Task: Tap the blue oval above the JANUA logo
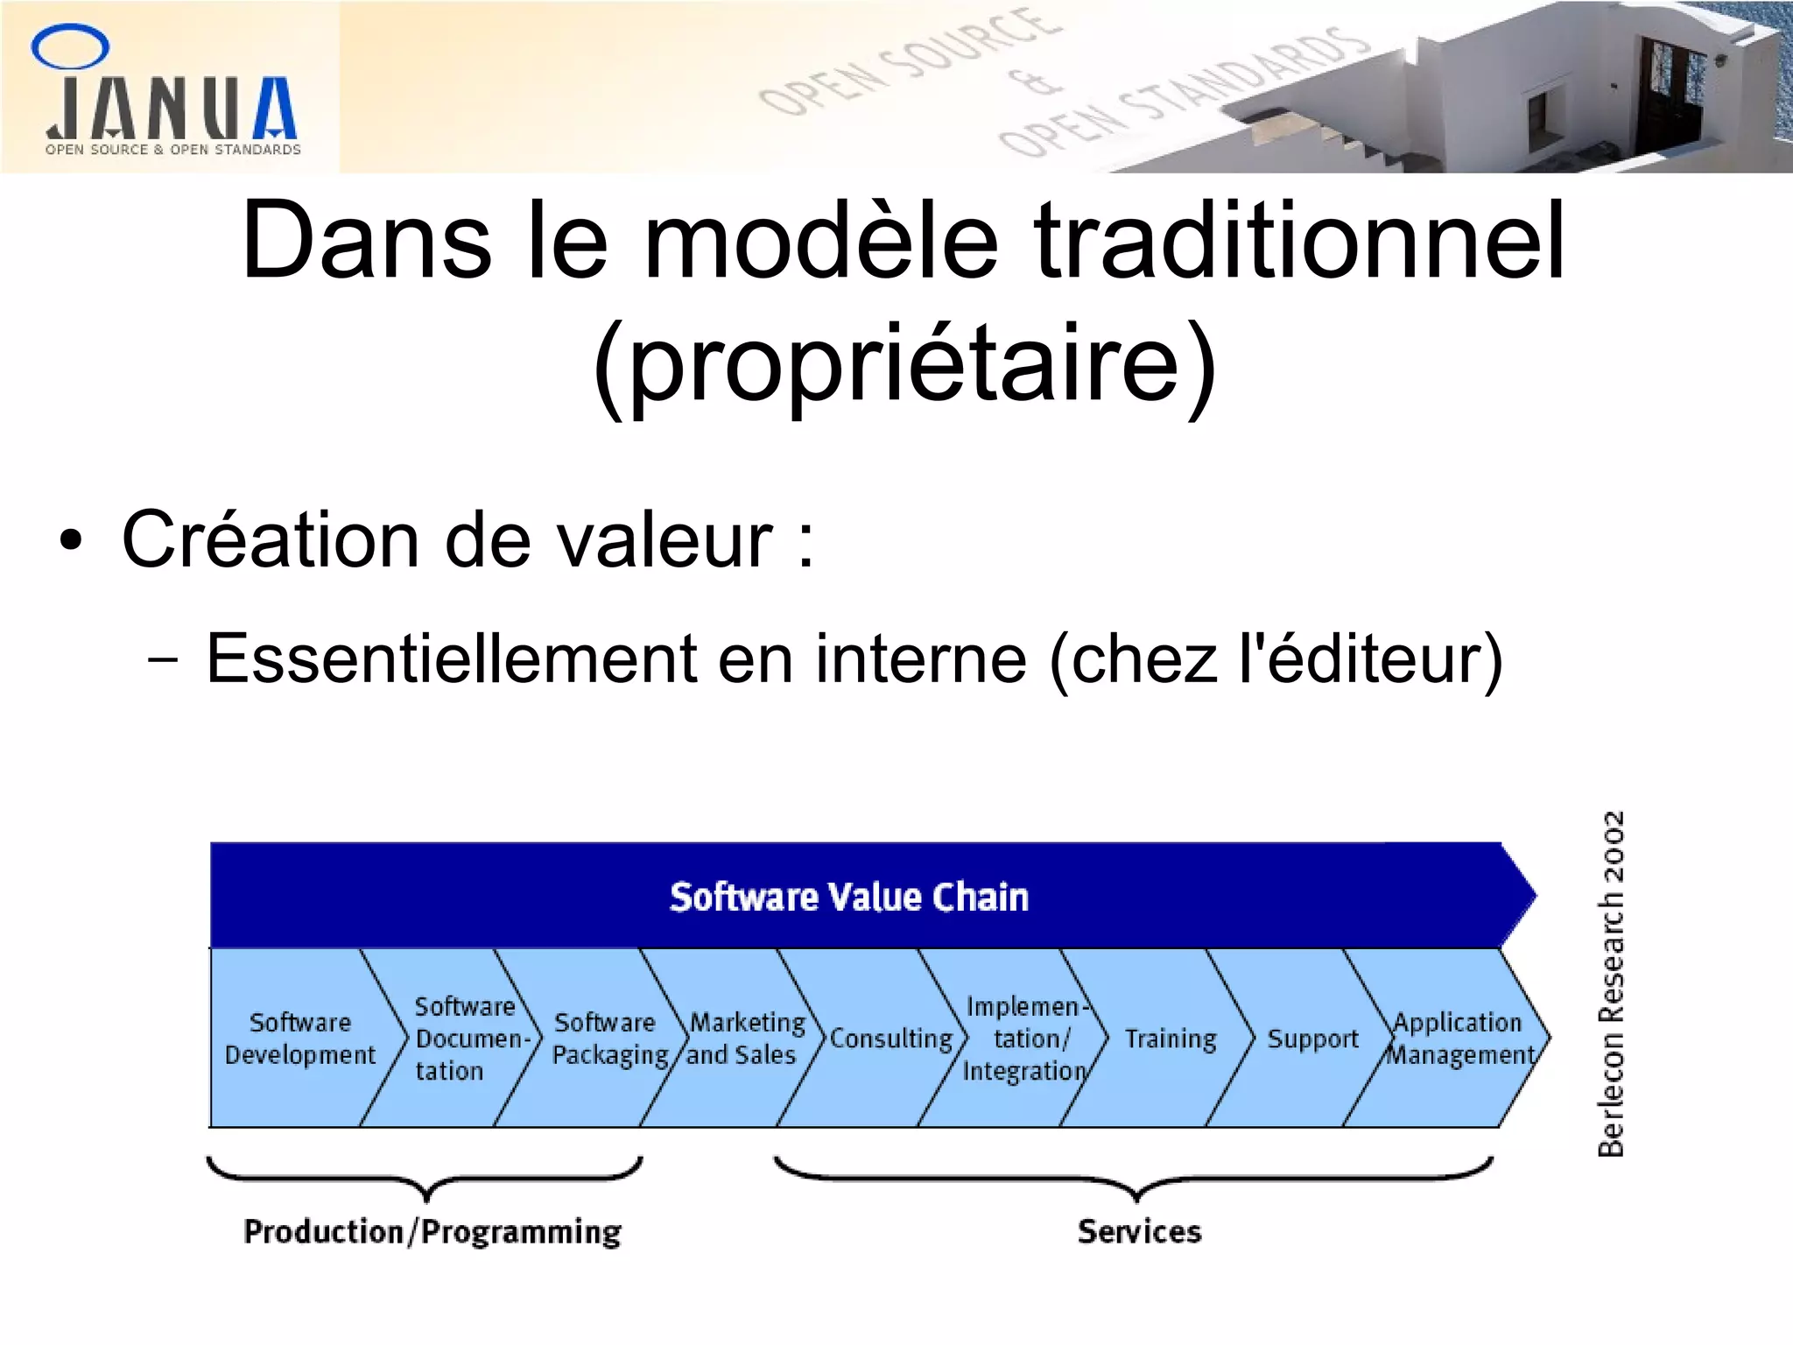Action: (x=70, y=46)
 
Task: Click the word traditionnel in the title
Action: (x=1299, y=240)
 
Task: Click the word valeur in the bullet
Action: (x=664, y=540)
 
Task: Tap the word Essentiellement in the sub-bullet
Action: (x=452, y=658)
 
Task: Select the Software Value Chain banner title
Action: (x=848, y=898)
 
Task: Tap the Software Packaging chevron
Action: (x=606, y=1039)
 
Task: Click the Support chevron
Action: (x=1311, y=1039)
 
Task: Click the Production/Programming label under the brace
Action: (x=432, y=1232)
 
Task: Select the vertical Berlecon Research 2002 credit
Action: (x=1611, y=983)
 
